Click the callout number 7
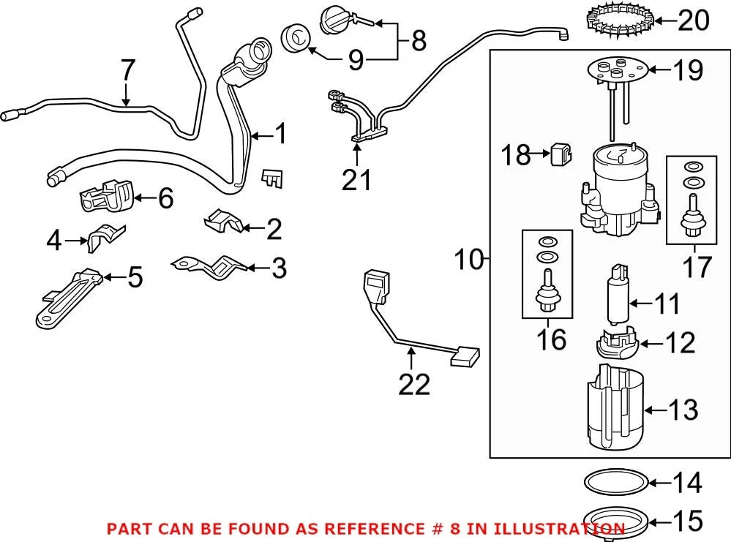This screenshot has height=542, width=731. tap(128, 70)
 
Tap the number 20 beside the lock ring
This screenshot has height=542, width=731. tap(693, 20)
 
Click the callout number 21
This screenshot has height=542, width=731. tap(356, 180)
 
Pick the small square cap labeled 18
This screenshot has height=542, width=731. tap(561, 154)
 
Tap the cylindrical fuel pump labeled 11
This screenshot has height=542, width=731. tap(618, 295)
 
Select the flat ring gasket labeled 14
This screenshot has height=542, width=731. tap(616, 482)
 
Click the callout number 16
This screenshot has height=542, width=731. tap(551, 339)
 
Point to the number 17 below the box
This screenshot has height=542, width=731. tap(697, 266)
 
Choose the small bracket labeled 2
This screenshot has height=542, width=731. tap(223, 222)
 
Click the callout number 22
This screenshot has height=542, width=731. tap(414, 385)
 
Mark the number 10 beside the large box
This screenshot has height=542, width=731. tap(470, 259)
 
